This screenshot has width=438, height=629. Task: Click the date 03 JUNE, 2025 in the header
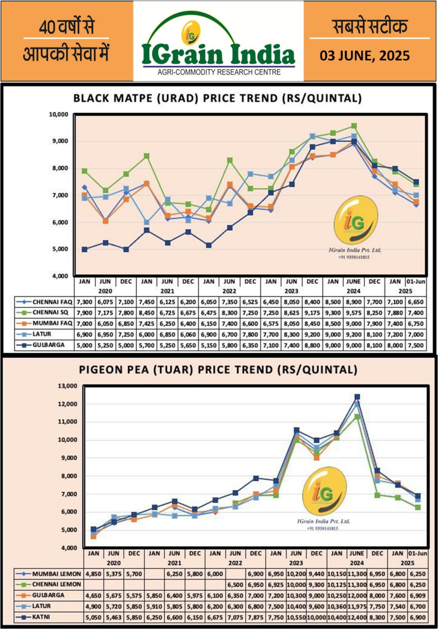tap(365, 56)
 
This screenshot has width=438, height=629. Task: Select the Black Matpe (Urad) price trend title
tap(218, 98)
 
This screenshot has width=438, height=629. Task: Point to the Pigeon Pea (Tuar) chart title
tap(217, 370)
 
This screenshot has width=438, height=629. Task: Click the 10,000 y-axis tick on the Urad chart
tap(58, 114)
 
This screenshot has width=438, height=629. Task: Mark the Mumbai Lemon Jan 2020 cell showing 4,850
tap(94, 574)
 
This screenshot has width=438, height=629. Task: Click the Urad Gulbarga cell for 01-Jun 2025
tap(415, 345)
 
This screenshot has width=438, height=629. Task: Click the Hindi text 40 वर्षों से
tap(66, 28)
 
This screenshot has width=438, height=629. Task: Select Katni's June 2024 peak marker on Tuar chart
tap(357, 397)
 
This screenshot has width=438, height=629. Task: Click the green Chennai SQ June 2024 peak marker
tap(354, 126)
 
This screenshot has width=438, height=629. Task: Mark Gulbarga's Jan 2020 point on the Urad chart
tap(85, 249)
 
